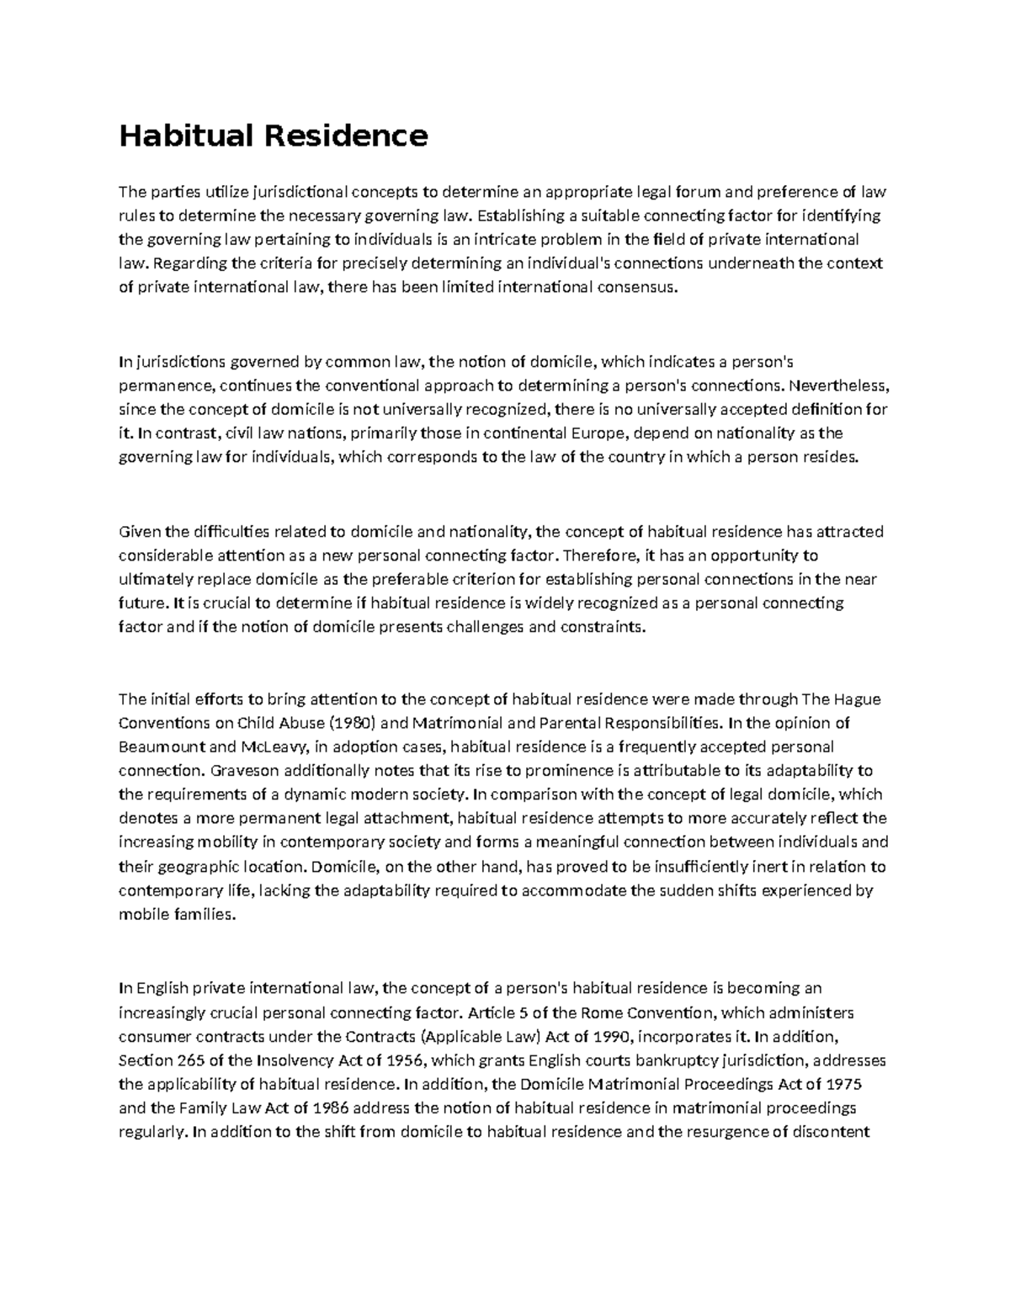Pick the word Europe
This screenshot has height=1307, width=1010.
pyautogui.click(x=598, y=434)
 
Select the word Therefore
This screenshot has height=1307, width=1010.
pyautogui.click(x=599, y=555)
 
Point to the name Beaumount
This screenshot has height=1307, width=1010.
pyautogui.click(x=160, y=746)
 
